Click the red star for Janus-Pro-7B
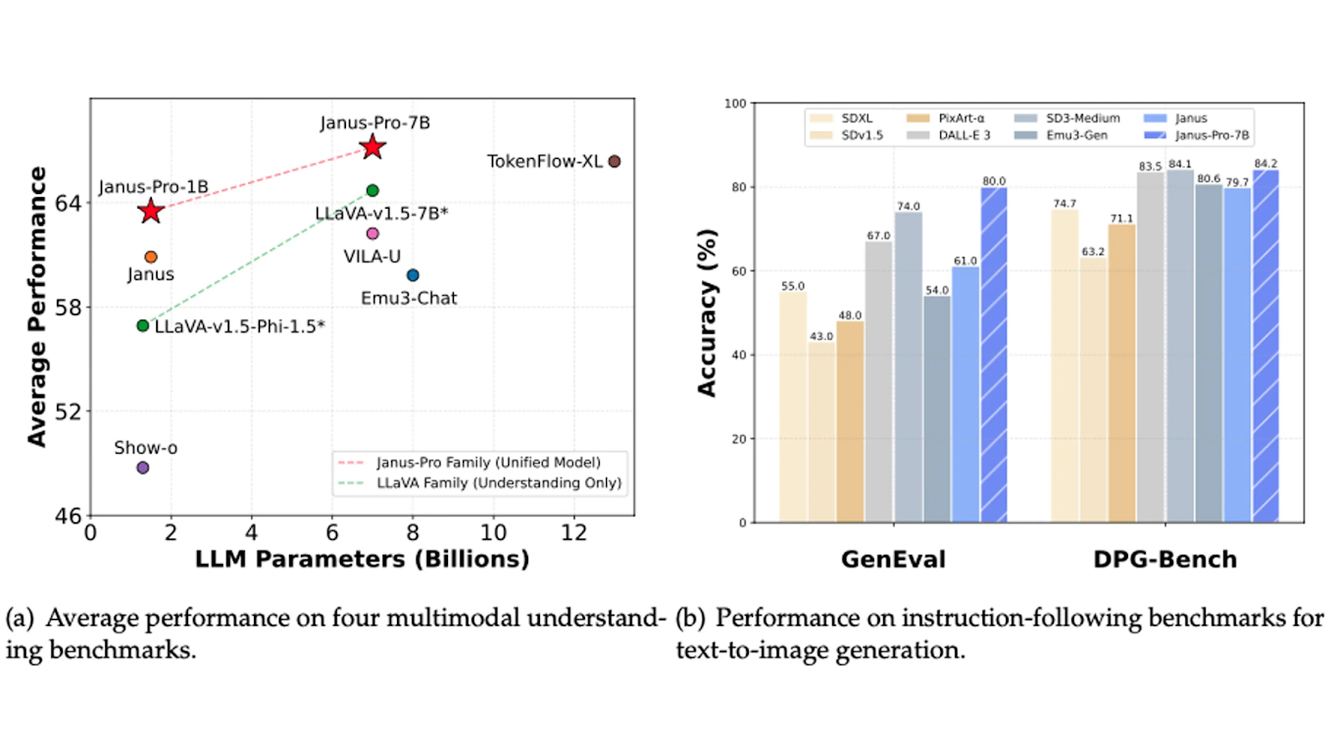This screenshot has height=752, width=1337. click(372, 147)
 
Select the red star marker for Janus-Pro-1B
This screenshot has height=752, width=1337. click(150, 211)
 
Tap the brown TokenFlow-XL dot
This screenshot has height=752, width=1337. click(614, 161)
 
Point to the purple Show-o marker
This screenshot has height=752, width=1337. click(143, 468)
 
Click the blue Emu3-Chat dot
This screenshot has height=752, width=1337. click(413, 275)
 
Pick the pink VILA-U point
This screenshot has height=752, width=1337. click(373, 233)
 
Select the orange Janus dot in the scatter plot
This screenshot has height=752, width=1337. click(150, 257)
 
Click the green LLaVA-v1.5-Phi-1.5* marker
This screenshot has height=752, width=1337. click(143, 326)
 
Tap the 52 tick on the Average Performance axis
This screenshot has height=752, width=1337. click(69, 412)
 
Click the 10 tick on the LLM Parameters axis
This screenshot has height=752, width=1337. click(493, 533)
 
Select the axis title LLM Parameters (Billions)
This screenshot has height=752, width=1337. click(362, 559)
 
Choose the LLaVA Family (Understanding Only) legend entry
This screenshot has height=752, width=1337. click(498, 483)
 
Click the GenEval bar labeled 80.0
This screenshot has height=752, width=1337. click(994, 355)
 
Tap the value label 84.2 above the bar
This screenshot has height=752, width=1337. click(1265, 164)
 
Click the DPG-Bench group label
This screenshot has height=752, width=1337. click(1165, 559)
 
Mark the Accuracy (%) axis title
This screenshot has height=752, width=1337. click(707, 312)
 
